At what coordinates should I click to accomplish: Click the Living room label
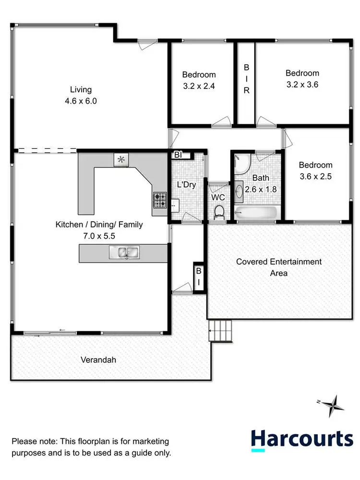pos(81,89)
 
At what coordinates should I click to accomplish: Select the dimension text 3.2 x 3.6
pos(302,84)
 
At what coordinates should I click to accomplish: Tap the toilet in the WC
pos(219,211)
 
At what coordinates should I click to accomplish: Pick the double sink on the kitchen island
pos(124,252)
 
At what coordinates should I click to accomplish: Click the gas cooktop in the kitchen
pos(160,200)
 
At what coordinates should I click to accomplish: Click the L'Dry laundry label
pos(186,185)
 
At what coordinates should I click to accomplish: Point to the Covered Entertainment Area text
pos(279,267)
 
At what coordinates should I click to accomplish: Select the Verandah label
pos(98,359)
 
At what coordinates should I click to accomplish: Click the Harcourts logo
pos(302,440)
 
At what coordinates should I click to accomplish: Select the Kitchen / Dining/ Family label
pos(99,224)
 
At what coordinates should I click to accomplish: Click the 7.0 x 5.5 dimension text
pos(99,236)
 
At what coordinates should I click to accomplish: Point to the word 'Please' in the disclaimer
pos(24,441)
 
